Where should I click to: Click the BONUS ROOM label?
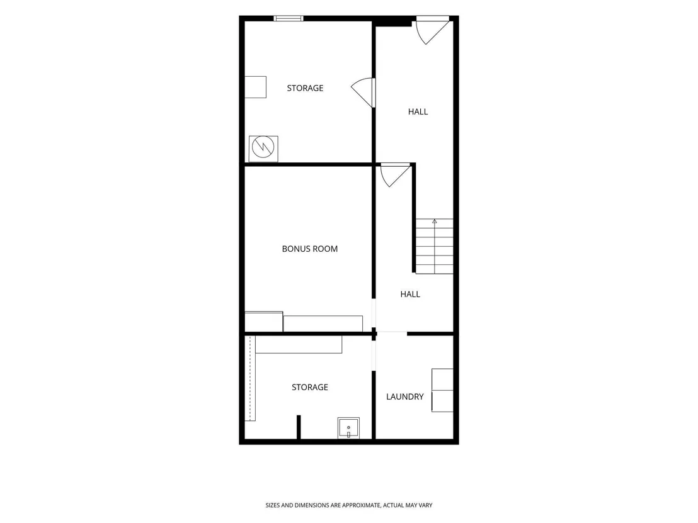click(x=310, y=249)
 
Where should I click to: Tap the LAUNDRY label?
click(x=404, y=396)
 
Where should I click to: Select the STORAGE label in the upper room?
click(x=305, y=88)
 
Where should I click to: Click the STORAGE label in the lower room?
click(x=310, y=387)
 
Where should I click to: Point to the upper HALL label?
click(x=418, y=111)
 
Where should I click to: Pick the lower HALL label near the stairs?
click(x=410, y=294)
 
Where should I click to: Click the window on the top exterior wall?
click(x=289, y=18)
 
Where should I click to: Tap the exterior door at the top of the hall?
click(x=431, y=30)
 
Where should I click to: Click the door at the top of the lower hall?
click(x=394, y=174)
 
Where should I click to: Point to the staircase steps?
click(x=435, y=246)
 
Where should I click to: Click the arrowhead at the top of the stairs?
click(x=435, y=221)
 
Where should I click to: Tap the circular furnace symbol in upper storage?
click(x=263, y=146)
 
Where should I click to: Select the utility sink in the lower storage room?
click(x=348, y=428)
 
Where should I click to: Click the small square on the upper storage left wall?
click(x=256, y=87)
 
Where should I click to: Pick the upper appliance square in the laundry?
click(x=442, y=380)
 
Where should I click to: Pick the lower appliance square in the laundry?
click(x=442, y=401)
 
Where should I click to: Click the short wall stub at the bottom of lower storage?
click(x=299, y=427)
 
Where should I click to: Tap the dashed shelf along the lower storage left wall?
click(x=250, y=378)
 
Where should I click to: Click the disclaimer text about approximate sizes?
click(x=349, y=505)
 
